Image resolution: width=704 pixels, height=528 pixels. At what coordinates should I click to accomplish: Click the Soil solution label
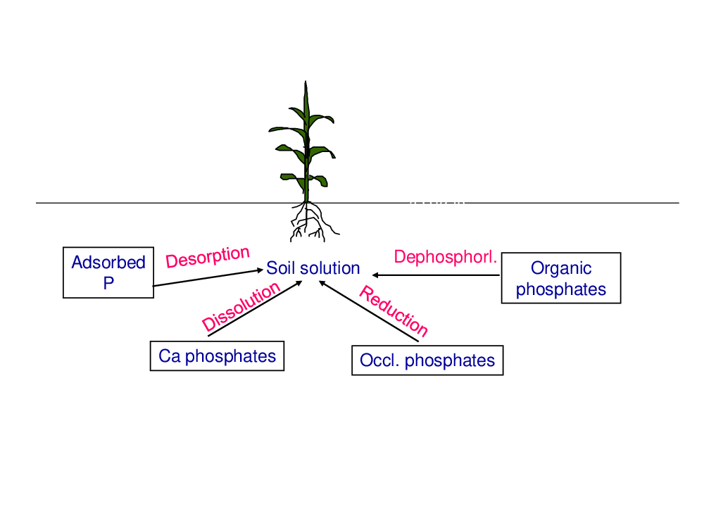pos(313,268)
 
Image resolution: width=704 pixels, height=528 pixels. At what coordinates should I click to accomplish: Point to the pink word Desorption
pos(208,257)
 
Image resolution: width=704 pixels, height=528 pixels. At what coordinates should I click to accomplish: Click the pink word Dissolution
pos(241,307)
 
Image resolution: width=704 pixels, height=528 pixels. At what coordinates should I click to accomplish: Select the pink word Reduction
pos(394,310)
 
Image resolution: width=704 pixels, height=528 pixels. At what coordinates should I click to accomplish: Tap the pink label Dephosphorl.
pos(446,257)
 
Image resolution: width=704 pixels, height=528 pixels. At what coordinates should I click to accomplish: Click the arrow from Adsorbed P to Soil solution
pos(208,277)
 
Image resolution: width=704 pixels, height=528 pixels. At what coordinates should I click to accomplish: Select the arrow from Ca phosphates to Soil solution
pos(255,308)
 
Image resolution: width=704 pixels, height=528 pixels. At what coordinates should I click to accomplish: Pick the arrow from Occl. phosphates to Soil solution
pos(369,311)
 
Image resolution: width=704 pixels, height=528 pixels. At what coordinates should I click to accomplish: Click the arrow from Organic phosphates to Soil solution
pos(436,275)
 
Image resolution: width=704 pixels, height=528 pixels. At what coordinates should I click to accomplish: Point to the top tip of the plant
pos(306,81)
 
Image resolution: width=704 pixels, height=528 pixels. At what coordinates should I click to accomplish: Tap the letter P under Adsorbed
pos(108,283)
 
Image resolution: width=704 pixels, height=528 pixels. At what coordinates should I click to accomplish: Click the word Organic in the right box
pos(561,268)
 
